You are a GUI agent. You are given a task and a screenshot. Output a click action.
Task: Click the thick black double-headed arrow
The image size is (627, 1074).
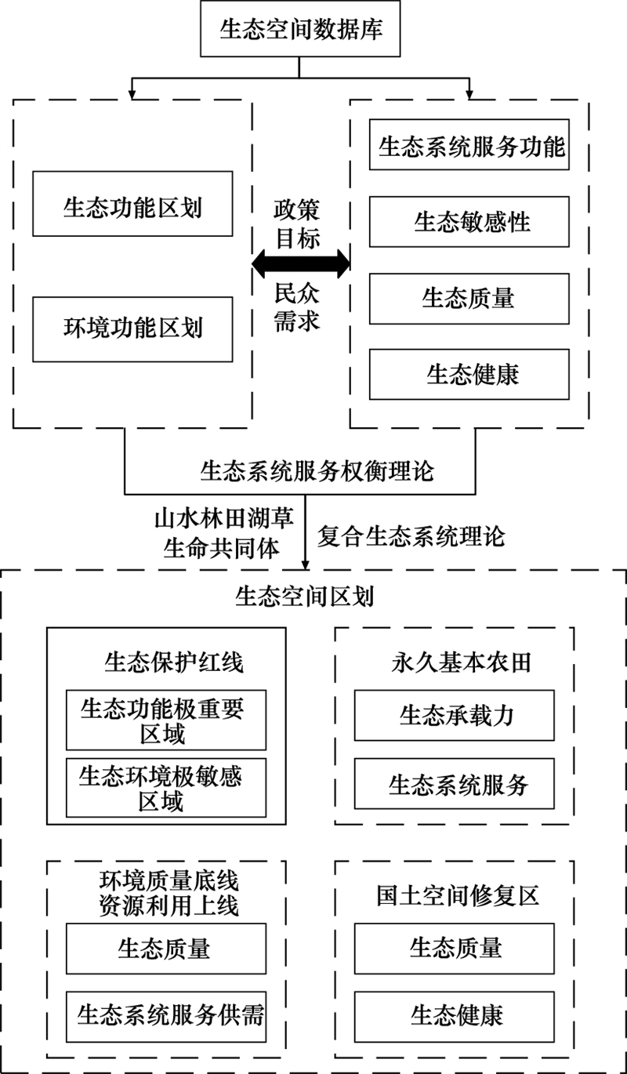point(301,263)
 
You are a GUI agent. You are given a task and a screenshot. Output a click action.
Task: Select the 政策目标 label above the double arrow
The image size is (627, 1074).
point(297,224)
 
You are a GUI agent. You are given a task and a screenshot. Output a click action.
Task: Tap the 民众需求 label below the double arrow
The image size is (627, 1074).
point(297,307)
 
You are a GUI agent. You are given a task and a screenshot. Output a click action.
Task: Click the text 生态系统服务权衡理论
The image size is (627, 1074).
point(317,471)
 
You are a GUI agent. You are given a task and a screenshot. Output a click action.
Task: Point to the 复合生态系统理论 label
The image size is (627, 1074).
point(411,536)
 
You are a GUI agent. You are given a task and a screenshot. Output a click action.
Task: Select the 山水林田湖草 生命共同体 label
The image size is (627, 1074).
point(223,533)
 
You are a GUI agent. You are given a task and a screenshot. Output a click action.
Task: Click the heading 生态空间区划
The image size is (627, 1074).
point(305,597)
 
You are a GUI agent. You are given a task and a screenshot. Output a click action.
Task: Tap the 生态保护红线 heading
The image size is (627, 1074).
point(174,662)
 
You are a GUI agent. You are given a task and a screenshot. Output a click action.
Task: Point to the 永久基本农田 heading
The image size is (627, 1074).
point(461,662)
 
